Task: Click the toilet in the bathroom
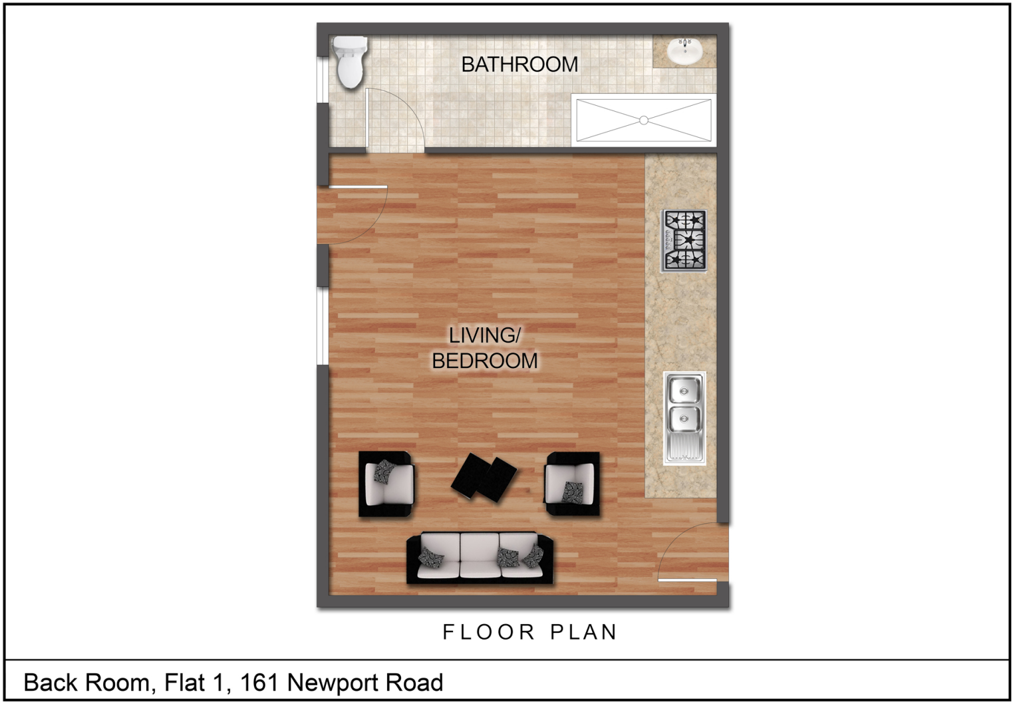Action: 350,63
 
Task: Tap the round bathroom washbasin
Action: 684,51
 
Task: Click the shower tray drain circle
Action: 644,120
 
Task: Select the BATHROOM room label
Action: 519,65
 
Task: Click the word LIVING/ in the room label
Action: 485,335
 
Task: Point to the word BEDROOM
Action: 485,361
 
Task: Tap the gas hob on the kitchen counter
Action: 684,240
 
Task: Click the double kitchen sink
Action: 684,418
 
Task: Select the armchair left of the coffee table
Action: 386,484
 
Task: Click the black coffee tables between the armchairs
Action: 484,477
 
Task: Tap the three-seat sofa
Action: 480,558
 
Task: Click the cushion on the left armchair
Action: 385,472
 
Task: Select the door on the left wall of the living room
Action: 353,214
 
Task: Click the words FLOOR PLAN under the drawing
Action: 529,632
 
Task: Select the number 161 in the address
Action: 259,682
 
